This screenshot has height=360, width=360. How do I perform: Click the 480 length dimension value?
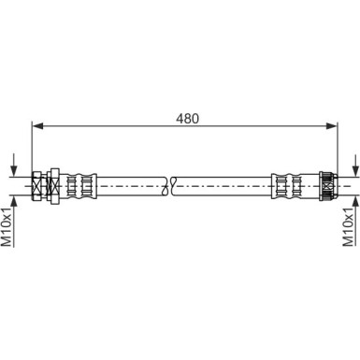point(187,119)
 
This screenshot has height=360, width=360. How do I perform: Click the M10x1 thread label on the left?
point(7,227)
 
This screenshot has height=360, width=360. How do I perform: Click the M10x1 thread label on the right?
point(348,227)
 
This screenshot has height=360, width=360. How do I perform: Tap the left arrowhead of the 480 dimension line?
point(37,125)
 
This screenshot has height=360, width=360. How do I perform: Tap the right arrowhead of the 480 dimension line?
point(332,125)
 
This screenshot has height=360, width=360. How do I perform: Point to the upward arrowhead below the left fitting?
point(13,201)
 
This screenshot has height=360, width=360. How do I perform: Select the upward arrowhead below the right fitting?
point(355,201)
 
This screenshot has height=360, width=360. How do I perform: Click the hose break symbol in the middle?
point(170,186)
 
